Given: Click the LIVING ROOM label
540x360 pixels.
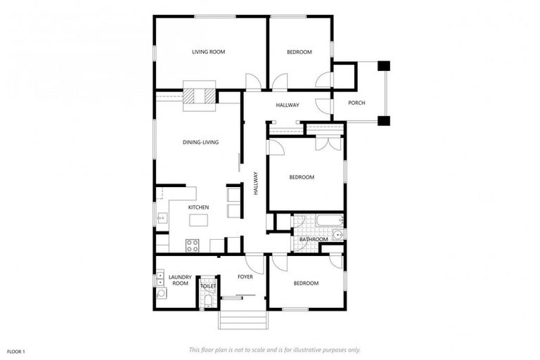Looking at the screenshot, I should click(209, 52).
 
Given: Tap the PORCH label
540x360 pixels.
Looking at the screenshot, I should click(357, 103).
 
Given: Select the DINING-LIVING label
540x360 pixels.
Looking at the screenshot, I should click(201, 142).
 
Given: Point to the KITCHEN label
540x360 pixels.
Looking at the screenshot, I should click(198, 207).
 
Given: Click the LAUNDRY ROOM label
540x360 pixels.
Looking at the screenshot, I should click(180, 280).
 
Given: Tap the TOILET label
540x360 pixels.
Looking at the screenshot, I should click(208, 286).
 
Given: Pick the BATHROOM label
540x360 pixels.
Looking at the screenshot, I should click(314, 239).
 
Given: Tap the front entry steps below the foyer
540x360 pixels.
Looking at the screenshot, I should click(243, 320).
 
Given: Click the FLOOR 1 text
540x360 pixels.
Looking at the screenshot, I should click(16, 351).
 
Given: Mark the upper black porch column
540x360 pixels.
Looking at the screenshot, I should click(383, 66).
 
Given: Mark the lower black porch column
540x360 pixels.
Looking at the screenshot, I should click(383, 120).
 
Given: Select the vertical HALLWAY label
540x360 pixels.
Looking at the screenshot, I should click(256, 188).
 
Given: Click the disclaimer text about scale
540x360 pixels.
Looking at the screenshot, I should click(275, 349).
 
